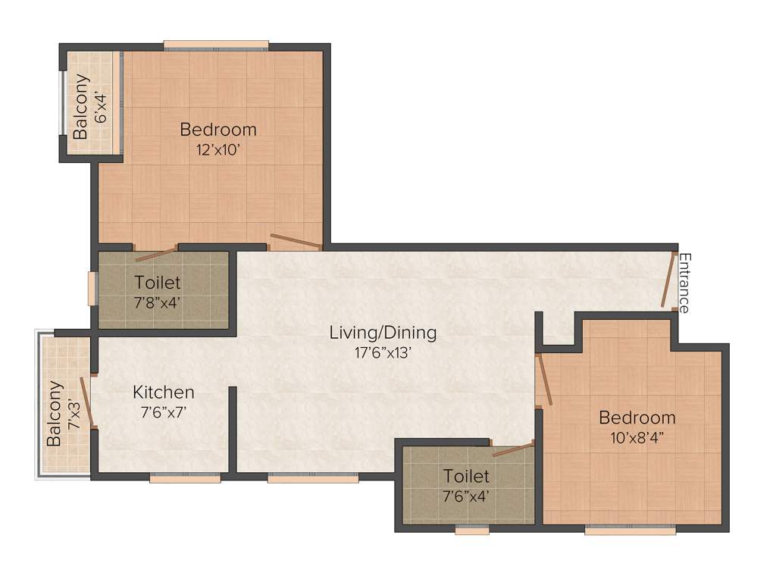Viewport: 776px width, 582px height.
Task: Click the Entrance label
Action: (684, 283)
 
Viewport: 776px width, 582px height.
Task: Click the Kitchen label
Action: (164, 392)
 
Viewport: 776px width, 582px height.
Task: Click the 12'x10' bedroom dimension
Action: (218, 149)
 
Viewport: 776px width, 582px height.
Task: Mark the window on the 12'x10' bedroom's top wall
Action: (216, 45)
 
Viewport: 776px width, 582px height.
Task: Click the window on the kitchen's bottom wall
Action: (185, 477)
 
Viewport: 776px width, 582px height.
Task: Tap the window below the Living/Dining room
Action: (312, 477)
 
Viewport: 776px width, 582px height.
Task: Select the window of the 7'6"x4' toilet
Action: (471, 530)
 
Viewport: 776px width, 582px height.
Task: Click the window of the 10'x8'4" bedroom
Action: (630, 530)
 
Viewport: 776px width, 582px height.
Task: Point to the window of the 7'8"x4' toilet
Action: (92, 288)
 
